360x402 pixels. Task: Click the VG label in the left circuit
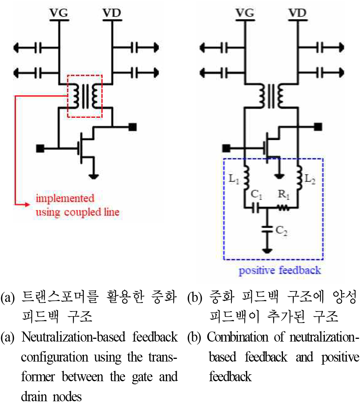click(59, 13)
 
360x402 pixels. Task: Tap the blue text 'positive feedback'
click(280, 270)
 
